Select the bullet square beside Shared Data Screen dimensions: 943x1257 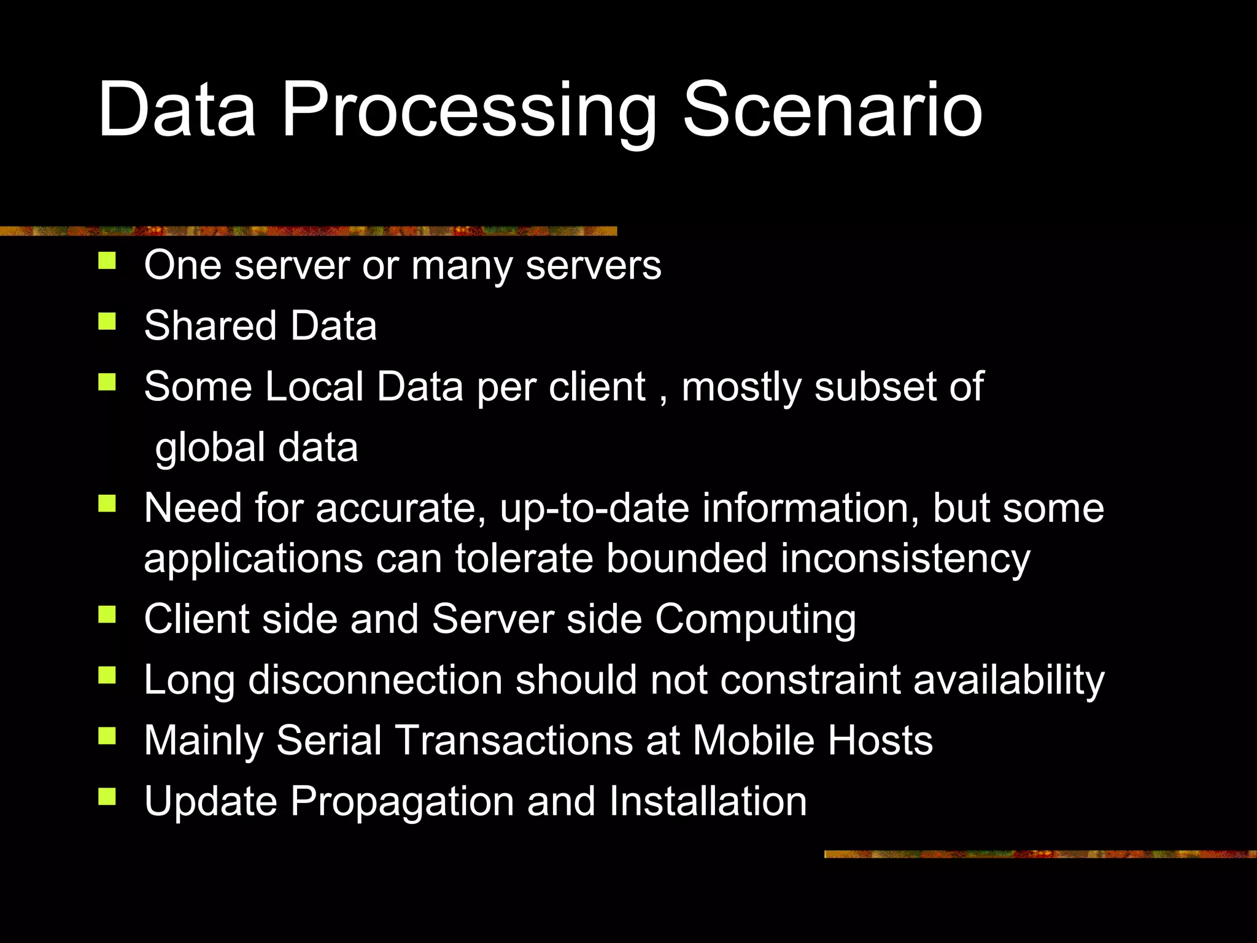107,321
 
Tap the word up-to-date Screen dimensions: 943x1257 594,508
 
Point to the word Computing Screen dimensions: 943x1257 755,619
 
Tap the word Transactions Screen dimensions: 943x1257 515,740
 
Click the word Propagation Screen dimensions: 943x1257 402,802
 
